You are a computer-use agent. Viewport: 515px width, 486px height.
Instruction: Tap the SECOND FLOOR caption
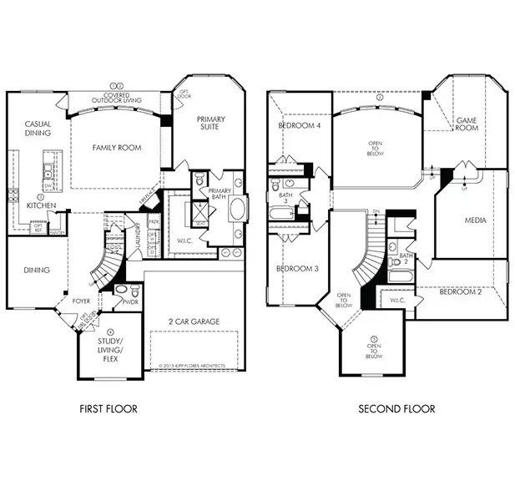[396, 409]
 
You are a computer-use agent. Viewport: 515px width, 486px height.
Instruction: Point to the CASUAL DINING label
[38, 129]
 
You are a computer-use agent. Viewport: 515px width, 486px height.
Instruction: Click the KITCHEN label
[41, 205]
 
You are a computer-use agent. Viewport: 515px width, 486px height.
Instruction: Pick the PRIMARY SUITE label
[211, 124]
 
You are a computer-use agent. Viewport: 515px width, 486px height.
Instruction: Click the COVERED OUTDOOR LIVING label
[116, 94]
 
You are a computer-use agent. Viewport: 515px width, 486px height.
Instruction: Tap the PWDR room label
[131, 302]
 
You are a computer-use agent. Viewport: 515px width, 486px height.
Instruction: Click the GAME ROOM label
[467, 124]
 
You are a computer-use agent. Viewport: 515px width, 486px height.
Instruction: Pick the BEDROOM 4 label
[299, 125]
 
